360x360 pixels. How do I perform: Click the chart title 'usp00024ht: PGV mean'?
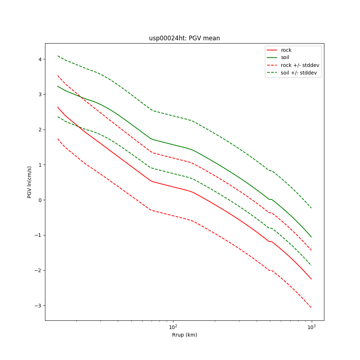point(184,38)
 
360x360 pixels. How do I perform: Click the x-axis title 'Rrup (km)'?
point(184,335)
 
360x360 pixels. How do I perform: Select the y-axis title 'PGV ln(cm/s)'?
point(30,182)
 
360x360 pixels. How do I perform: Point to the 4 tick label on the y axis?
point(40,59)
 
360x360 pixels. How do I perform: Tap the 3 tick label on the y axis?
point(40,94)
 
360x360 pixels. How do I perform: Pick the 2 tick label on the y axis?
point(40,130)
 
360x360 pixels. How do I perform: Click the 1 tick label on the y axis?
point(40,165)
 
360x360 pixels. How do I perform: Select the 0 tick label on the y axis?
point(40,200)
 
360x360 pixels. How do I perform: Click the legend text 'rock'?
point(286,50)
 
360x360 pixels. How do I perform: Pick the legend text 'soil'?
point(285,58)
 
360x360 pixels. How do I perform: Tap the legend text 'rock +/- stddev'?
point(300,65)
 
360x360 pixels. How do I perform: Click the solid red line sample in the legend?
point(272,50)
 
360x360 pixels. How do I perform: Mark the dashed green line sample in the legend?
point(272,73)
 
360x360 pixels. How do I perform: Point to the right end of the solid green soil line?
point(311,237)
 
